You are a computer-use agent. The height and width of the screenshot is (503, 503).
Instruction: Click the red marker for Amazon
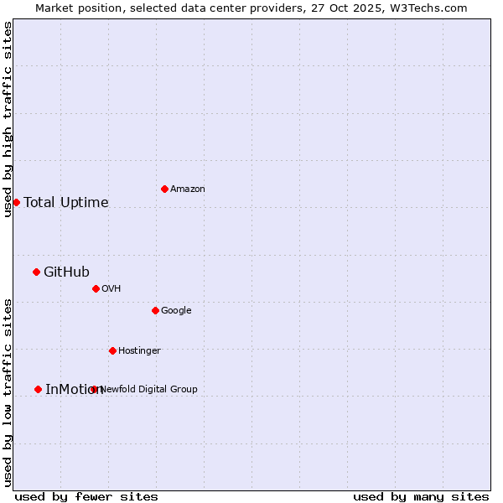(164, 189)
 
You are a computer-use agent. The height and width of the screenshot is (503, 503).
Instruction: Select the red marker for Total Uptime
(16, 202)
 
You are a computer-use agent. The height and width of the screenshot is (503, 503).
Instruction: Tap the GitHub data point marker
(36, 272)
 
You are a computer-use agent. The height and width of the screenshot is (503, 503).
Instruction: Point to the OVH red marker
(96, 288)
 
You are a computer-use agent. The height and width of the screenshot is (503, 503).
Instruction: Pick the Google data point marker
(155, 310)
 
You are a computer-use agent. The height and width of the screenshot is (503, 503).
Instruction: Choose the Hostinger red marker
(112, 350)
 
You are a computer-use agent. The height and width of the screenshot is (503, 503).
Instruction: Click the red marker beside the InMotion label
(38, 389)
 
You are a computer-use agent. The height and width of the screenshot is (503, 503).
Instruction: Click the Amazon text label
(188, 189)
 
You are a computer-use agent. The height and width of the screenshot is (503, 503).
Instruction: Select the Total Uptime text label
(66, 202)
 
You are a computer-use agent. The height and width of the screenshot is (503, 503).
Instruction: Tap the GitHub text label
(66, 272)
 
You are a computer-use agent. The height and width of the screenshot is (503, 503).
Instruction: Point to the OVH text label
(111, 289)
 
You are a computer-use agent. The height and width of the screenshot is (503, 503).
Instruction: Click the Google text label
(176, 311)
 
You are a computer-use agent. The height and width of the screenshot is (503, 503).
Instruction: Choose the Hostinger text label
(139, 351)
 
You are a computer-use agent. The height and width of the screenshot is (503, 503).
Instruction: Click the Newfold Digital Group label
(149, 389)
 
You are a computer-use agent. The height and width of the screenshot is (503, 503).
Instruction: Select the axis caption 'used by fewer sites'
(86, 496)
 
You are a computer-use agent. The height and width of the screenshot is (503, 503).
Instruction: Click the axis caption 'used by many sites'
(421, 496)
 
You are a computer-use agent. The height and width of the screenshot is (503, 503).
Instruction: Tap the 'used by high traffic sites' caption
(8, 119)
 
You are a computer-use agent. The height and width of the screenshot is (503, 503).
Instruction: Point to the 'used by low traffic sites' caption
(8, 392)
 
